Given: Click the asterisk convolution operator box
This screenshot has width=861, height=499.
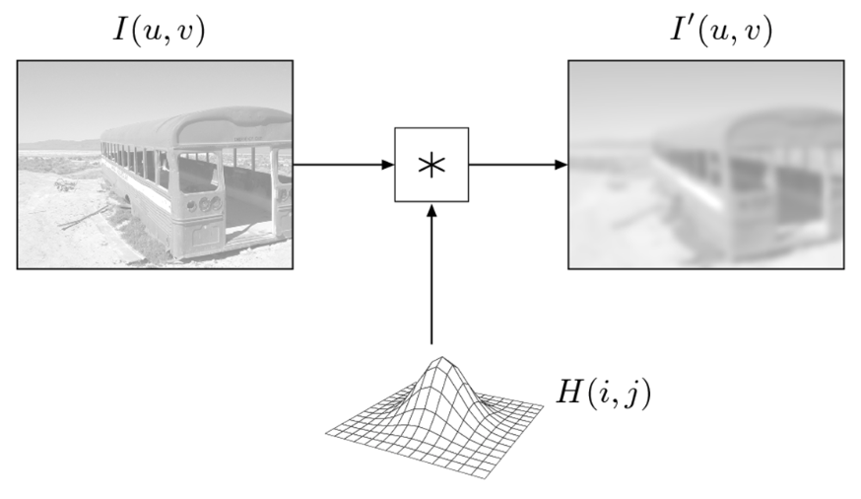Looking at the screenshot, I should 431,165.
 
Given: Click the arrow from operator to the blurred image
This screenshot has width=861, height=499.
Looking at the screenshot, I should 518,165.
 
